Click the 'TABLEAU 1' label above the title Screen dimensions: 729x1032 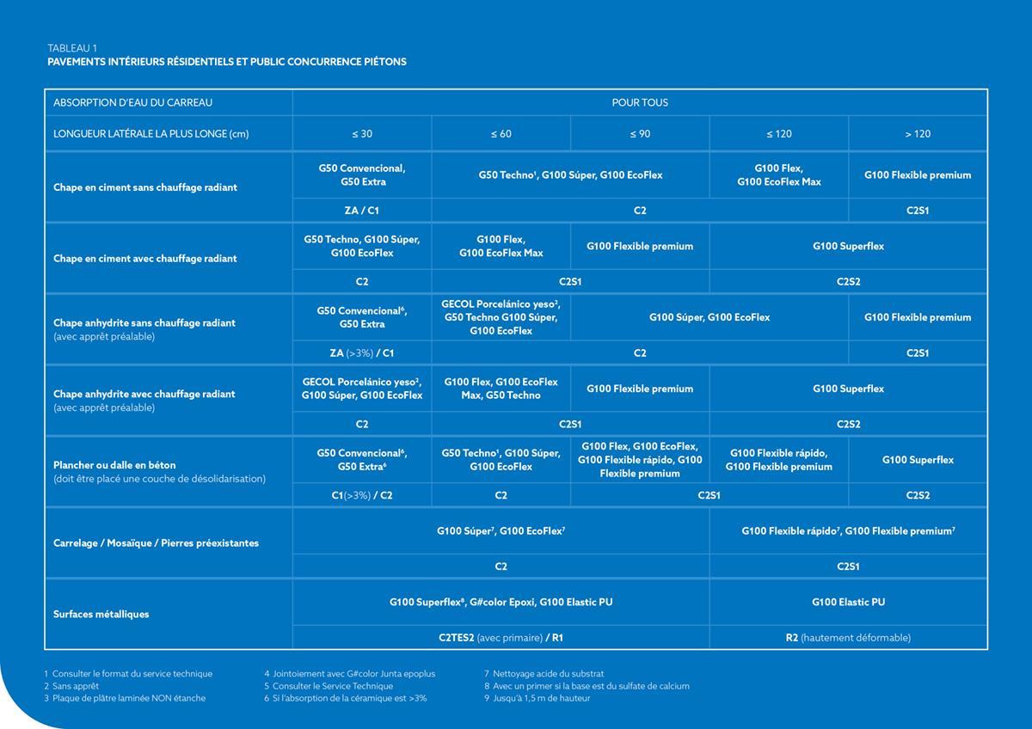[x=72, y=47]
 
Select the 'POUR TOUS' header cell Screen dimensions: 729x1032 [x=640, y=102]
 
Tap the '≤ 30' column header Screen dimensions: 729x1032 [x=362, y=133]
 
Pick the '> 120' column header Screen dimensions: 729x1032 [x=918, y=133]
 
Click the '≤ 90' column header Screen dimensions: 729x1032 [x=640, y=133]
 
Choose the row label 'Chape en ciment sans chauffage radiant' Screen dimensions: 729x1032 [x=145, y=187]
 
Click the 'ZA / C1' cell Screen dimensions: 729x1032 [x=362, y=211]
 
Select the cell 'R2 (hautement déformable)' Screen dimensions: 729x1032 [x=848, y=638]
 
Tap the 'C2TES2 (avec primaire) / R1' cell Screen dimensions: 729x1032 [x=501, y=638]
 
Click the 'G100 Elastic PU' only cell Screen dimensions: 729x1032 [x=848, y=602]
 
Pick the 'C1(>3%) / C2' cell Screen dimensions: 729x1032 [x=362, y=495]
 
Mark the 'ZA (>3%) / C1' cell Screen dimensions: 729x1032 [x=362, y=352]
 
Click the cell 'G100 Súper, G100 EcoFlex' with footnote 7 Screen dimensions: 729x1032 [x=501, y=531]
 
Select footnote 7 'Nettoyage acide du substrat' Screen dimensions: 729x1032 [x=544, y=674]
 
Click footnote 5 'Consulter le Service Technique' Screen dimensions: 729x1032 [x=329, y=686]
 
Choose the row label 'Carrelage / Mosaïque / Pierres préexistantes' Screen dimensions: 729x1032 [x=156, y=542]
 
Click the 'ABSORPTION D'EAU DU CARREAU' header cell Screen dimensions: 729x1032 [x=132, y=102]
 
